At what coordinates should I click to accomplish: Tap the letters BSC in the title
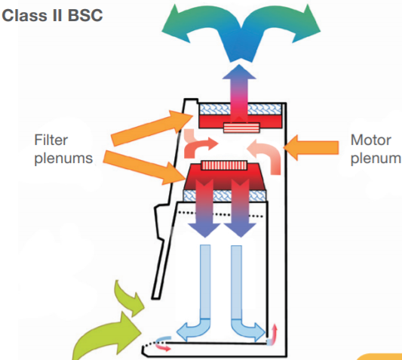pyautogui.click(x=85, y=15)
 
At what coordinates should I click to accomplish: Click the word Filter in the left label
pyautogui.click(x=51, y=140)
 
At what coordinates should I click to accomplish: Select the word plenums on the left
pyautogui.click(x=63, y=158)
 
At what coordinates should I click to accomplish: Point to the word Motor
pyautogui.click(x=371, y=140)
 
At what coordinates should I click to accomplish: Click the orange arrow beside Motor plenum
pyautogui.click(x=311, y=148)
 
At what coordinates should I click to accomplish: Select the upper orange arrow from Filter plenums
pyautogui.click(x=152, y=128)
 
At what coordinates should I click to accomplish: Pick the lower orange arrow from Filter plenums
pyautogui.click(x=144, y=167)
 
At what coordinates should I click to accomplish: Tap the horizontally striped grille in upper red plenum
pyautogui.click(x=241, y=128)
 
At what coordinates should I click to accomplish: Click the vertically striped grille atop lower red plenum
pyautogui.click(x=224, y=165)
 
